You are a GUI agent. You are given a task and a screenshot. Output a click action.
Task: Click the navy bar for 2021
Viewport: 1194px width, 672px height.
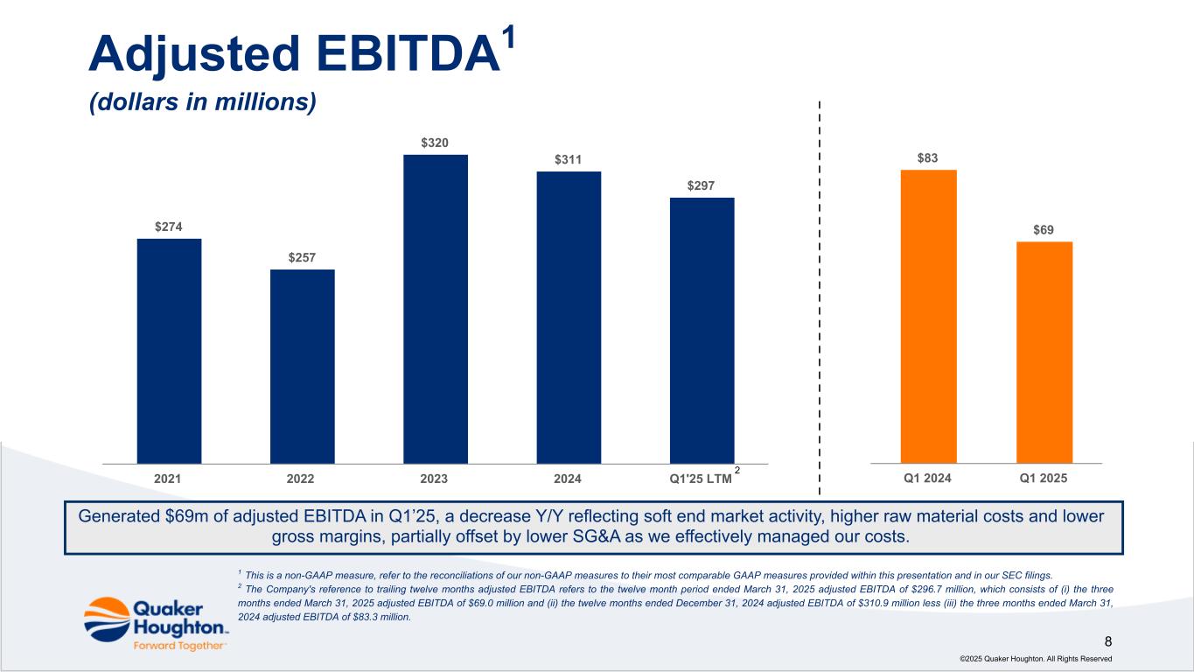pos(169,350)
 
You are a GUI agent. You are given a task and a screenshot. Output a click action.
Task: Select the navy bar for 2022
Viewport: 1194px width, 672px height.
pos(302,366)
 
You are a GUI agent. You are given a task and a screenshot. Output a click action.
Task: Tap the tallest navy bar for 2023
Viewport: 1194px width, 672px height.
pos(436,308)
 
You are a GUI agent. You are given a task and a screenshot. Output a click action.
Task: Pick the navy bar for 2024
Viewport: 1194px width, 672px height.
pos(569,317)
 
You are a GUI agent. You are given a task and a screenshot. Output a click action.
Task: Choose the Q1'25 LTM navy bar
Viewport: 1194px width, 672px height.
pos(702,330)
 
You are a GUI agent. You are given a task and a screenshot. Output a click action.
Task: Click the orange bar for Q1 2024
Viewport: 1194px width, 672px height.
pos(928,316)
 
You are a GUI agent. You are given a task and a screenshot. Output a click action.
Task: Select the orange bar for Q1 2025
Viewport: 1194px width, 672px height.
pos(1044,352)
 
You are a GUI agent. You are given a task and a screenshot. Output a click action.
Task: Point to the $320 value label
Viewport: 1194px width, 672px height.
pos(436,142)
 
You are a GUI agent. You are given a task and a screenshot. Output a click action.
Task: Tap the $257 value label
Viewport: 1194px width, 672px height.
pos(302,257)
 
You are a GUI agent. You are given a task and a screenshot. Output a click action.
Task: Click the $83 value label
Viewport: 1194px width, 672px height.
pos(928,157)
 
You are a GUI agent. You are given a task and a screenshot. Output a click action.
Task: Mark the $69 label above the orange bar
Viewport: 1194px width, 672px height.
pos(1044,230)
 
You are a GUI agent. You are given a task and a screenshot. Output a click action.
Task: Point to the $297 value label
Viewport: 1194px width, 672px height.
pos(702,185)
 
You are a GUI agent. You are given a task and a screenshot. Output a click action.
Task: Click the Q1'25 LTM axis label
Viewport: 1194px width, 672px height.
pos(700,479)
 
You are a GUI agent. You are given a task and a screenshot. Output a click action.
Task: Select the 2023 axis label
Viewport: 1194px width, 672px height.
pos(435,479)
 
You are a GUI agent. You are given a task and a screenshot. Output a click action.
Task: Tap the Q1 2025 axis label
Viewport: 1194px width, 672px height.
pos(1044,479)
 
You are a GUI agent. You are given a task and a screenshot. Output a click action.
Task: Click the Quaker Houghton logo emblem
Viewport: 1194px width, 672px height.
pos(107,619)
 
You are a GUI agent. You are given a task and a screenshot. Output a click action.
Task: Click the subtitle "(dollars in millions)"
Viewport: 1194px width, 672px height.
pos(202,102)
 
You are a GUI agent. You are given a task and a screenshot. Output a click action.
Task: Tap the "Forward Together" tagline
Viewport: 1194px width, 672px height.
pos(180,646)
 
